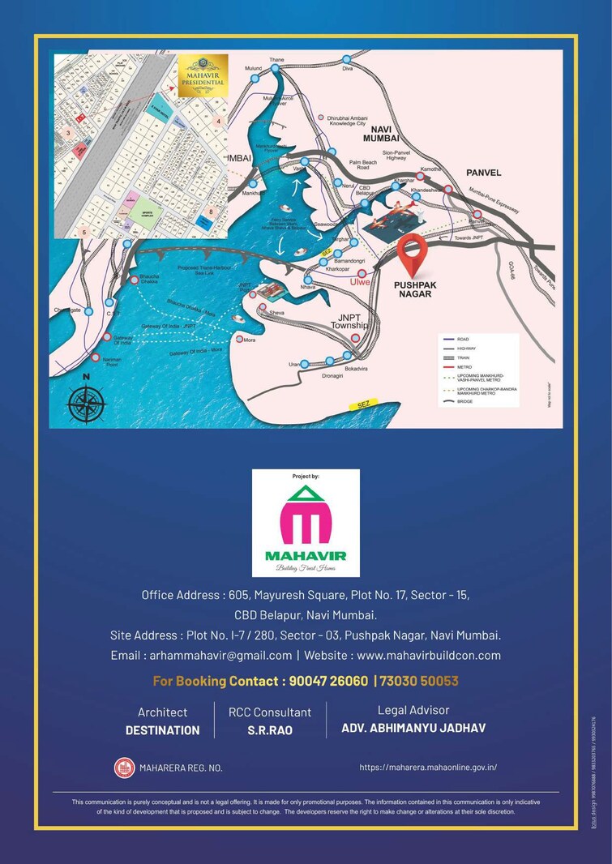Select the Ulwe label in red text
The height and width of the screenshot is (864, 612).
(x=360, y=282)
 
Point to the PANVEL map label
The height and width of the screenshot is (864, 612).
(x=483, y=173)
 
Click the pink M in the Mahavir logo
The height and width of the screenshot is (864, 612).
(x=306, y=525)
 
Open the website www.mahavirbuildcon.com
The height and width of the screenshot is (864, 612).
(x=429, y=655)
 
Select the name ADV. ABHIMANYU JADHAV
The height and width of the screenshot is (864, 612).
(x=413, y=728)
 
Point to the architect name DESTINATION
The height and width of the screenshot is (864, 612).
(x=162, y=730)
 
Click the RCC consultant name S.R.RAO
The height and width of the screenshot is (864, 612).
(x=269, y=730)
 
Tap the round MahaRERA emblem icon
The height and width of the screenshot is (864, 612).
(x=123, y=767)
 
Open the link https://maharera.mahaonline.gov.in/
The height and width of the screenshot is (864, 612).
(x=428, y=767)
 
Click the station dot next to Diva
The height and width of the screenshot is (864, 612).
(x=347, y=59)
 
